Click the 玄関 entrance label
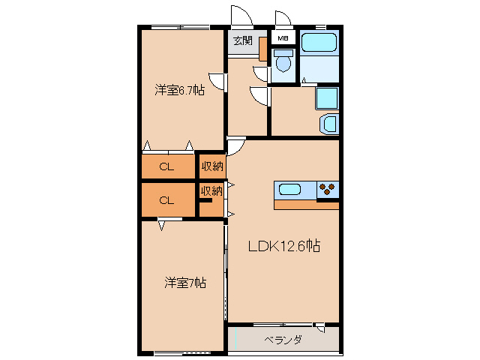(x=242, y=40)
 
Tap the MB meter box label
(x=283, y=39)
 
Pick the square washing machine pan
(x=327, y=98)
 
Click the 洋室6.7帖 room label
(x=179, y=91)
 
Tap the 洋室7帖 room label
(x=185, y=283)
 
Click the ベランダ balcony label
(x=283, y=340)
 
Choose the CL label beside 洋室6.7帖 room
(x=166, y=166)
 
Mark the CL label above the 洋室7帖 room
(x=166, y=199)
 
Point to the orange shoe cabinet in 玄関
(x=263, y=48)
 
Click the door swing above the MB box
(x=283, y=19)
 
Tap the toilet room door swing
(x=262, y=73)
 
